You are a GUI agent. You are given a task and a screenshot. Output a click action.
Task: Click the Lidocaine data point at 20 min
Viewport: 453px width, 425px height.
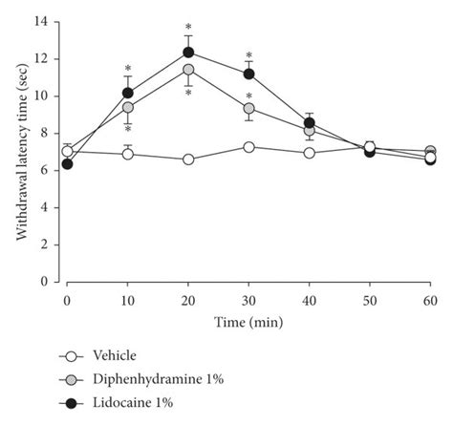[x=188, y=52]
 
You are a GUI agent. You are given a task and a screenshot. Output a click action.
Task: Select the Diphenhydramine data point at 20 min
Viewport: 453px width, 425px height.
[x=188, y=70]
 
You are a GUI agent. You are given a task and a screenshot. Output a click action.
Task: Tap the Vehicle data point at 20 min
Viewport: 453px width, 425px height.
[x=188, y=159]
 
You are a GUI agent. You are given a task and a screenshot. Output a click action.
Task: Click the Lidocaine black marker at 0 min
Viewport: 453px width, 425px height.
[x=67, y=164]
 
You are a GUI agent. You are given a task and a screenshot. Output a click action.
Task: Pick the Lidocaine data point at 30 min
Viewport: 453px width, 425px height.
[x=248, y=74]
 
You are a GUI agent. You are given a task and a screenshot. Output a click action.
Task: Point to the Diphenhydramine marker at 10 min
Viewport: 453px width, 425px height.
[x=128, y=107]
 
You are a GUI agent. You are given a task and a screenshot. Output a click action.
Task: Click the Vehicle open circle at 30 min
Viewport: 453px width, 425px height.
[x=248, y=147]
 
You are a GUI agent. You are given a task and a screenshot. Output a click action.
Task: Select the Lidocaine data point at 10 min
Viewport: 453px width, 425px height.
[x=128, y=93]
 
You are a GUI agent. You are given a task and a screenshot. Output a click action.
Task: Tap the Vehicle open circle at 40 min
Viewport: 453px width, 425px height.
[x=309, y=153]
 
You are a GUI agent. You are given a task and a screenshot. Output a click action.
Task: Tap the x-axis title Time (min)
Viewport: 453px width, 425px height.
[x=248, y=324]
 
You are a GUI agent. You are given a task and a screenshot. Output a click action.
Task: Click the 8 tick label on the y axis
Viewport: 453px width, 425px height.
[x=45, y=133]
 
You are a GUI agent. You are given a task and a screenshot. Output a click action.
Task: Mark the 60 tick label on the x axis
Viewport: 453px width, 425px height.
[x=430, y=300]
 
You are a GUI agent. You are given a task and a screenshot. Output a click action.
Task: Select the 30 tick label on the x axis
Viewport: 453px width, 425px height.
[x=248, y=300]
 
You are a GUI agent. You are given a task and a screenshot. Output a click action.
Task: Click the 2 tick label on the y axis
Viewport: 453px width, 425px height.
[x=45, y=244]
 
